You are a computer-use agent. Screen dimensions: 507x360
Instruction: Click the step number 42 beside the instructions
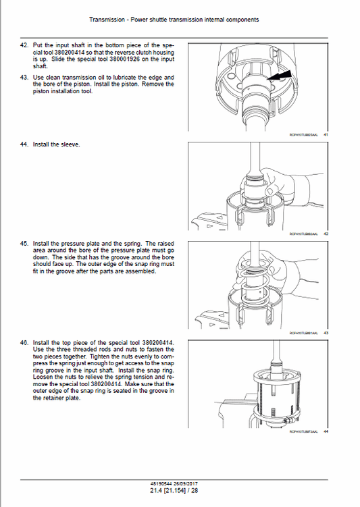click(x=24, y=45)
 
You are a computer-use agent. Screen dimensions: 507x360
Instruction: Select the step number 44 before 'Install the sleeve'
click(x=24, y=144)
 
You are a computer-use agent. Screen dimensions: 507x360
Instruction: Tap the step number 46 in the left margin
click(x=24, y=343)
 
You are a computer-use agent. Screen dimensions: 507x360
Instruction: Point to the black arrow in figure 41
click(x=282, y=78)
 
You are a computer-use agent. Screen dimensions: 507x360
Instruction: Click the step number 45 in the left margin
click(x=24, y=243)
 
